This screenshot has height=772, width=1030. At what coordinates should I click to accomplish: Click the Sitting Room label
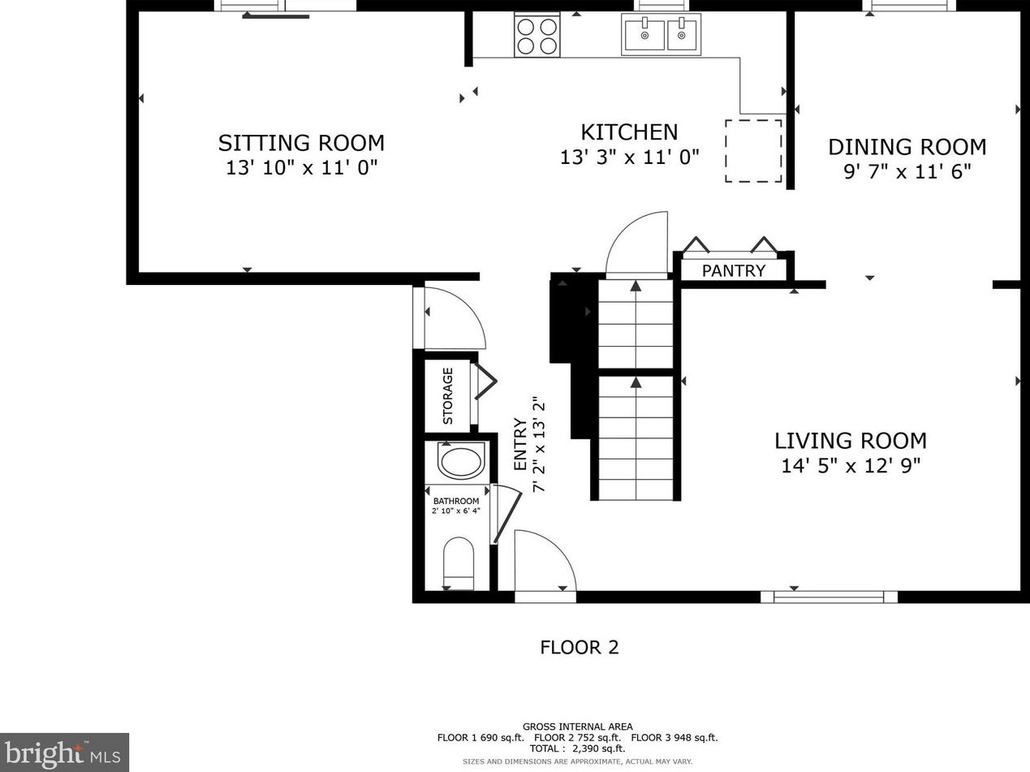click(x=301, y=143)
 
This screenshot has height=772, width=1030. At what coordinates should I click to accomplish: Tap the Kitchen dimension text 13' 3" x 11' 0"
click(x=630, y=157)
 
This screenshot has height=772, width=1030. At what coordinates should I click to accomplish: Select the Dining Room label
click(x=907, y=148)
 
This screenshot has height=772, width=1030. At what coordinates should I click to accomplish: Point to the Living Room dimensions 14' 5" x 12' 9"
click(x=851, y=466)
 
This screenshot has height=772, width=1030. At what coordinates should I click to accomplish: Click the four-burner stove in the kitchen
click(x=537, y=35)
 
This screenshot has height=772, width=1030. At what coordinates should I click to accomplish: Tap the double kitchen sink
click(x=662, y=34)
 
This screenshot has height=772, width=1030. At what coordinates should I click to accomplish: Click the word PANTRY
click(x=734, y=271)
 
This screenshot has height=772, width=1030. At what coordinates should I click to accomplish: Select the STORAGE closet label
click(x=448, y=396)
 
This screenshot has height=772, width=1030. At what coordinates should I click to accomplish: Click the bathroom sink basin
click(x=461, y=462)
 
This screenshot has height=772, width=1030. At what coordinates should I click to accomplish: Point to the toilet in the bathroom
click(x=459, y=563)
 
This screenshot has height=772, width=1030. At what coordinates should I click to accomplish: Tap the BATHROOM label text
click(x=456, y=501)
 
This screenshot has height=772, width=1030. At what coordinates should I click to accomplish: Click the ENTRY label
click(x=520, y=444)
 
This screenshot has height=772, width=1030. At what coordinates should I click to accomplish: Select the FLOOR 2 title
click(x=580, y=648)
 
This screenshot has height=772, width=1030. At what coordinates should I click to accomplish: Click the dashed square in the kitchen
click(x=753, y=151)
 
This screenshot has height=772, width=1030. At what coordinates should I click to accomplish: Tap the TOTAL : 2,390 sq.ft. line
click(x=577, y=748)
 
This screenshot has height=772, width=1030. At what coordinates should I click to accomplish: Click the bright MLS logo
click(x=64, y=753)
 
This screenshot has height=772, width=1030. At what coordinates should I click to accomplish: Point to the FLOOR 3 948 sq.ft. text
click(x=674, y=738)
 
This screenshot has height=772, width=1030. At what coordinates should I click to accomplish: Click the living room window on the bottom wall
click(x=829, y=597)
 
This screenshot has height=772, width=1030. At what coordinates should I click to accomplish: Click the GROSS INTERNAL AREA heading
click(x=578, y=727)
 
